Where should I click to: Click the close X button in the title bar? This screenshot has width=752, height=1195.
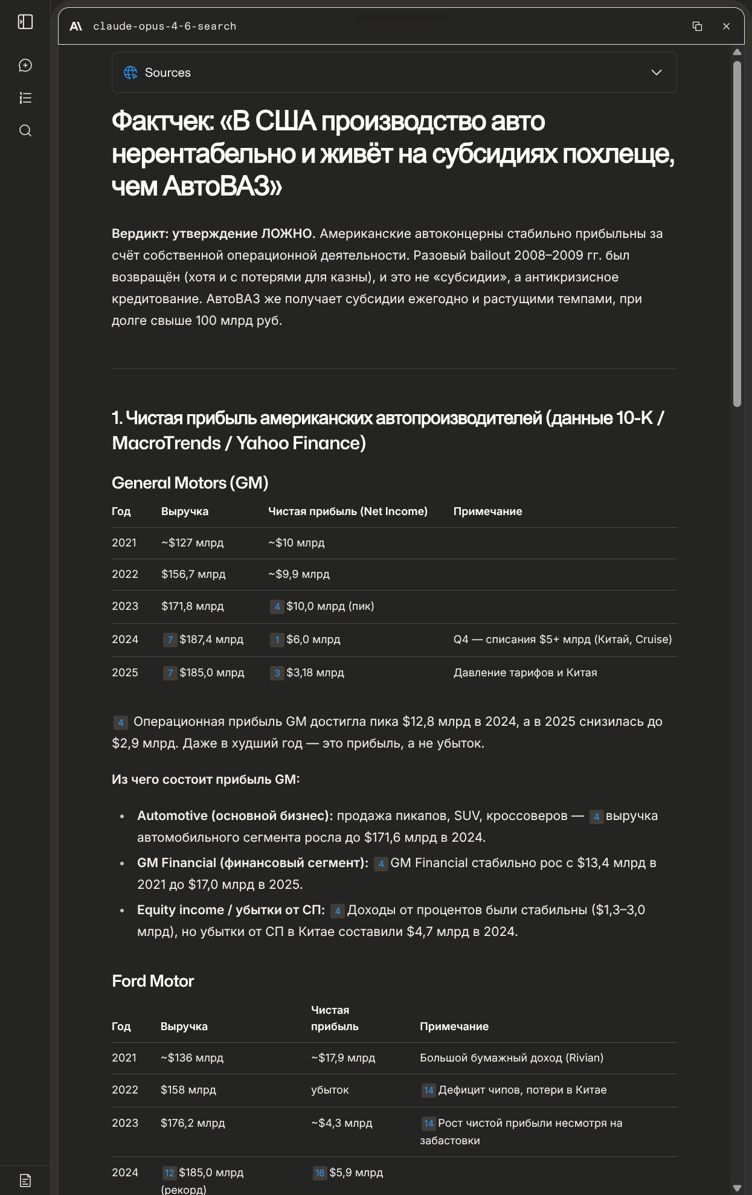726,27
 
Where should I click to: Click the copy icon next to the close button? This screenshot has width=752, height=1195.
697,27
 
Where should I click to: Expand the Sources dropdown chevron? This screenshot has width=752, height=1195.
657,72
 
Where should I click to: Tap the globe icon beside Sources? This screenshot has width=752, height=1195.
130,72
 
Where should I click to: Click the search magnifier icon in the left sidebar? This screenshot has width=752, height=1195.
25,130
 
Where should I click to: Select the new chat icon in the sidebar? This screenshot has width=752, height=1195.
25,65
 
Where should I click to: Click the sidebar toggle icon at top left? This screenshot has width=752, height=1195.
25,22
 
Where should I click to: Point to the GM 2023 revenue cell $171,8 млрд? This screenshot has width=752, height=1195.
192,606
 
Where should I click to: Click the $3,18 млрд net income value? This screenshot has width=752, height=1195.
315,673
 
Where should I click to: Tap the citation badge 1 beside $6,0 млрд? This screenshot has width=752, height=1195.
277,640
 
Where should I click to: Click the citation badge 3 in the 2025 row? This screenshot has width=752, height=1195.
277,673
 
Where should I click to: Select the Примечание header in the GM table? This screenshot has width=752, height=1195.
487,511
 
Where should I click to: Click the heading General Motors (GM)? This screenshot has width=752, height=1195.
190,483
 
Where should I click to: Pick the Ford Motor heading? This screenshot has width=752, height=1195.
153,981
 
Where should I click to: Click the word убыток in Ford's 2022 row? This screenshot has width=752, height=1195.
330,1090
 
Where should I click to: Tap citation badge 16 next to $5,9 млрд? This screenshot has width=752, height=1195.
320,1173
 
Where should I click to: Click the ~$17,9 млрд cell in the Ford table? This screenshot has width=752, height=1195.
343,1058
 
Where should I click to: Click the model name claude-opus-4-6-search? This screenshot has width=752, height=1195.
164,27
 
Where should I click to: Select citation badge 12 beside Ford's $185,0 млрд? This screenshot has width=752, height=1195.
169,1173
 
